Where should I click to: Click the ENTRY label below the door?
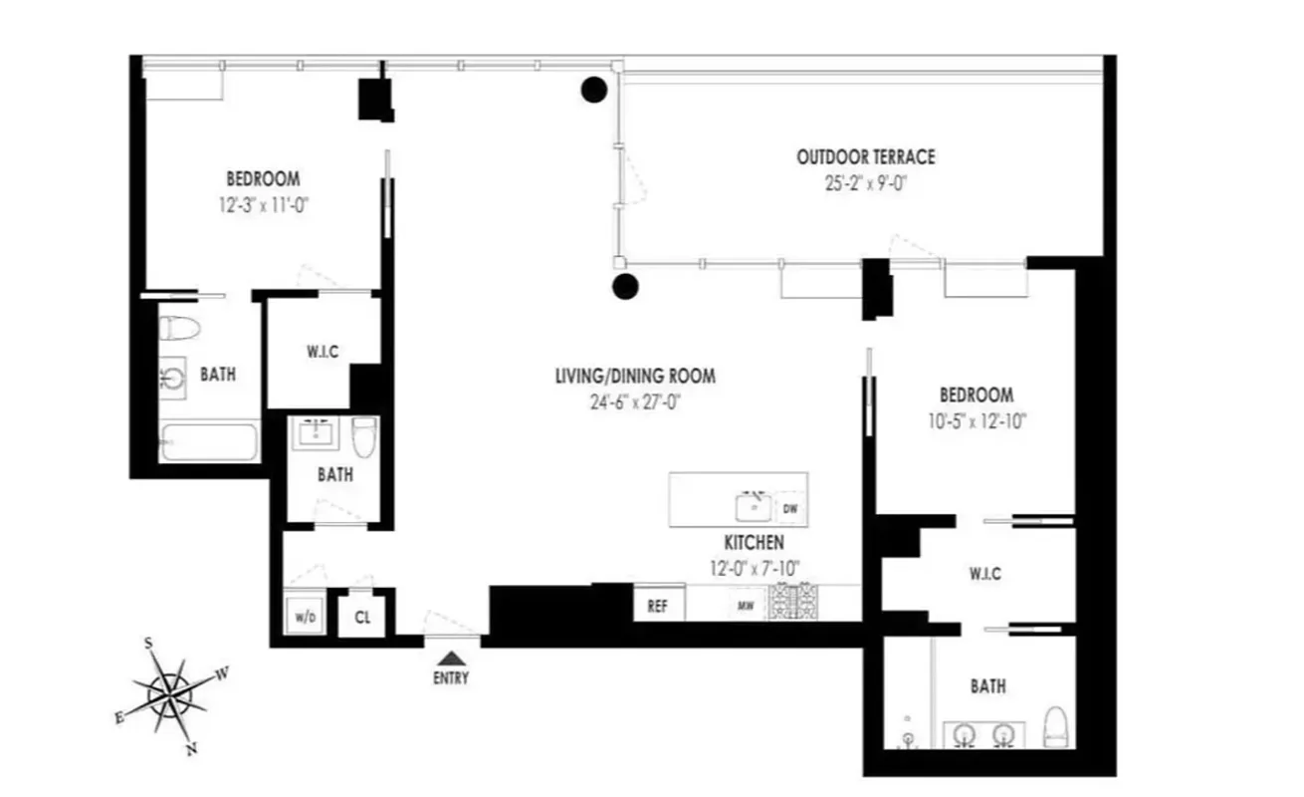[451, 679]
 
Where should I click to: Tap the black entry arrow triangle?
[451, 658]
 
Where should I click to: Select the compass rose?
[171, 689]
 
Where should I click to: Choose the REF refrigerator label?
[657, 605]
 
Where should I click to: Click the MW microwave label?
[744, 606]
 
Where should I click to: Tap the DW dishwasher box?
[790, 508]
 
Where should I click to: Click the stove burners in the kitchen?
[793, 603]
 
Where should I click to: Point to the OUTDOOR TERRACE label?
[865, 157]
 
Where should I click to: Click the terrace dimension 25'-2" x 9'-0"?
[865, 183]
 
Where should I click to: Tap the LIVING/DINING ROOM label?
[635, 377]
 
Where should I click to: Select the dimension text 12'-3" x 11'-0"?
[263, 205]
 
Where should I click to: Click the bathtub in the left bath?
[208, 441]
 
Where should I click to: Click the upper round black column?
[594, 91]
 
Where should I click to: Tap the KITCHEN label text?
[754, 543]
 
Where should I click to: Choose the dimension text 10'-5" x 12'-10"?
[976, 420]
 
